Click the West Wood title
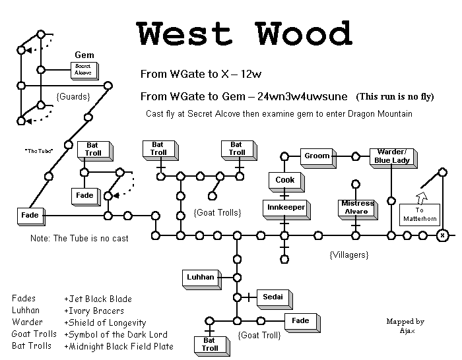click(x=244, y=33)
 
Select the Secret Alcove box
click(x=84, y=69)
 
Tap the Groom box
click(x=316, y=156)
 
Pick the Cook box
click(x=284, y=179)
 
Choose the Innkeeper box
click(x=284, y=207)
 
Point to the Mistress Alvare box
click(x=356, y=207)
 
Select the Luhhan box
click(x=200, y=278)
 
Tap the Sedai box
click(x=273, y=298)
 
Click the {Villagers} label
click(x=348, y=254)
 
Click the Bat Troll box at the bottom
click(x=210, y=344)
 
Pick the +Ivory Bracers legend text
click(x=94, y=311)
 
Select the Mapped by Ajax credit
click(x=405, y=326)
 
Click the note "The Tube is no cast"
click(x=79, y=238)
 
